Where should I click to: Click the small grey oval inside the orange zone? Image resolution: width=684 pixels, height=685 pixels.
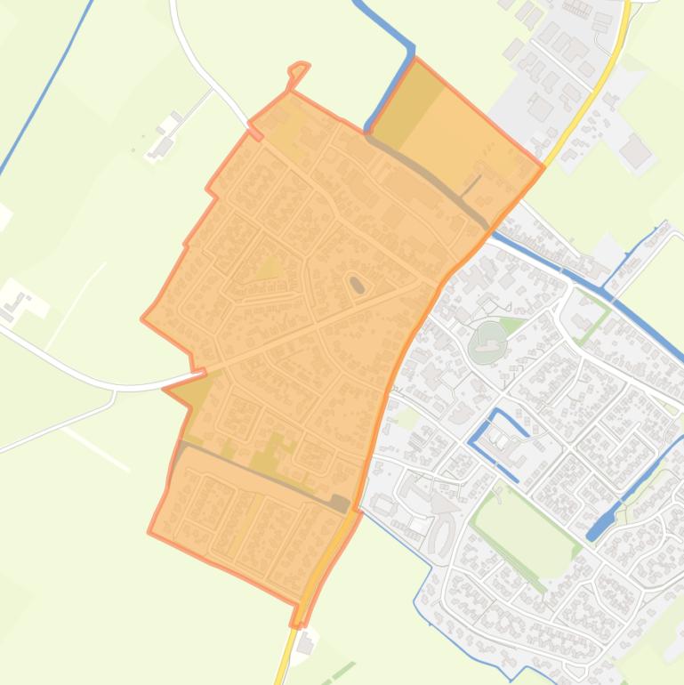pyautogui.click(x=357, y=285)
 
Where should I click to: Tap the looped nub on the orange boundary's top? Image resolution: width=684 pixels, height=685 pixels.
pyautogui.click(x=299, y=69)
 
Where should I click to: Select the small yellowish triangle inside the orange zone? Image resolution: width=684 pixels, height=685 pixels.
pyautogui.click(x=270, y=267)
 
